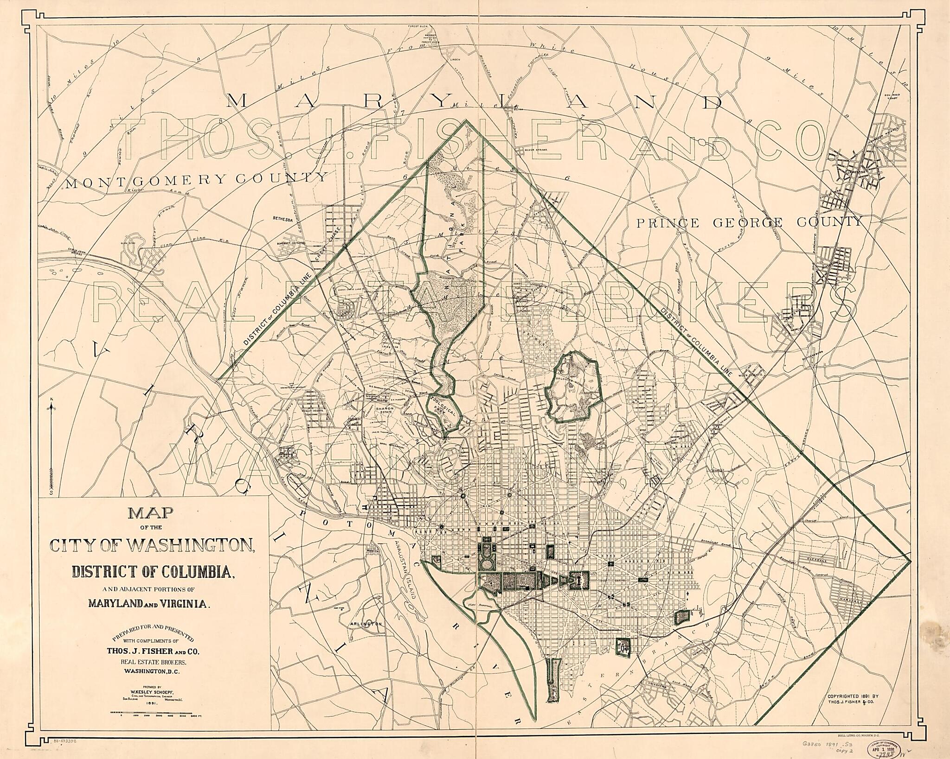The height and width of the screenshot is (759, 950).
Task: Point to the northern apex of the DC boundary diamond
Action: [x=467, y=120]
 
